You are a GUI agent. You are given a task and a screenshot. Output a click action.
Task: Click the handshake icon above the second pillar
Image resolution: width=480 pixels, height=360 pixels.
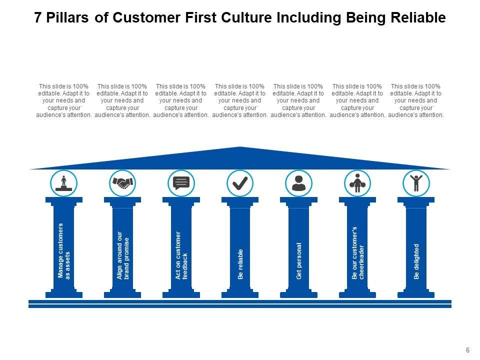122,183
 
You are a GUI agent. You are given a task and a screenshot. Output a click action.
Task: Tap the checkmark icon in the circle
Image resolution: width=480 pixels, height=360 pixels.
240,183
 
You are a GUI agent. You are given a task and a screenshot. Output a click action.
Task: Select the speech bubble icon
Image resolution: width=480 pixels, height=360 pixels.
181,183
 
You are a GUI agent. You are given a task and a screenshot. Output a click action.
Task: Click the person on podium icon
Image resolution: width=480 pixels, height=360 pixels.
64,183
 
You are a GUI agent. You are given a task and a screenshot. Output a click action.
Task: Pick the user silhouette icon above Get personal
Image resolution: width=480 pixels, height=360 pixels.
298,183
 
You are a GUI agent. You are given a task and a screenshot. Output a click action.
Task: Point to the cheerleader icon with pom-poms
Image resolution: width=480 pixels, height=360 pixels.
357,183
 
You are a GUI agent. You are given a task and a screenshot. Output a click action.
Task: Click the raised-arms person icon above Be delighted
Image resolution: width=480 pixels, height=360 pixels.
416,183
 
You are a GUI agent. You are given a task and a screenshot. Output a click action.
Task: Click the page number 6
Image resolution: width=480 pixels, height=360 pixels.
467,350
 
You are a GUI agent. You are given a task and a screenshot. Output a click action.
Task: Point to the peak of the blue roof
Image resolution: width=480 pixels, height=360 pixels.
240,147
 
